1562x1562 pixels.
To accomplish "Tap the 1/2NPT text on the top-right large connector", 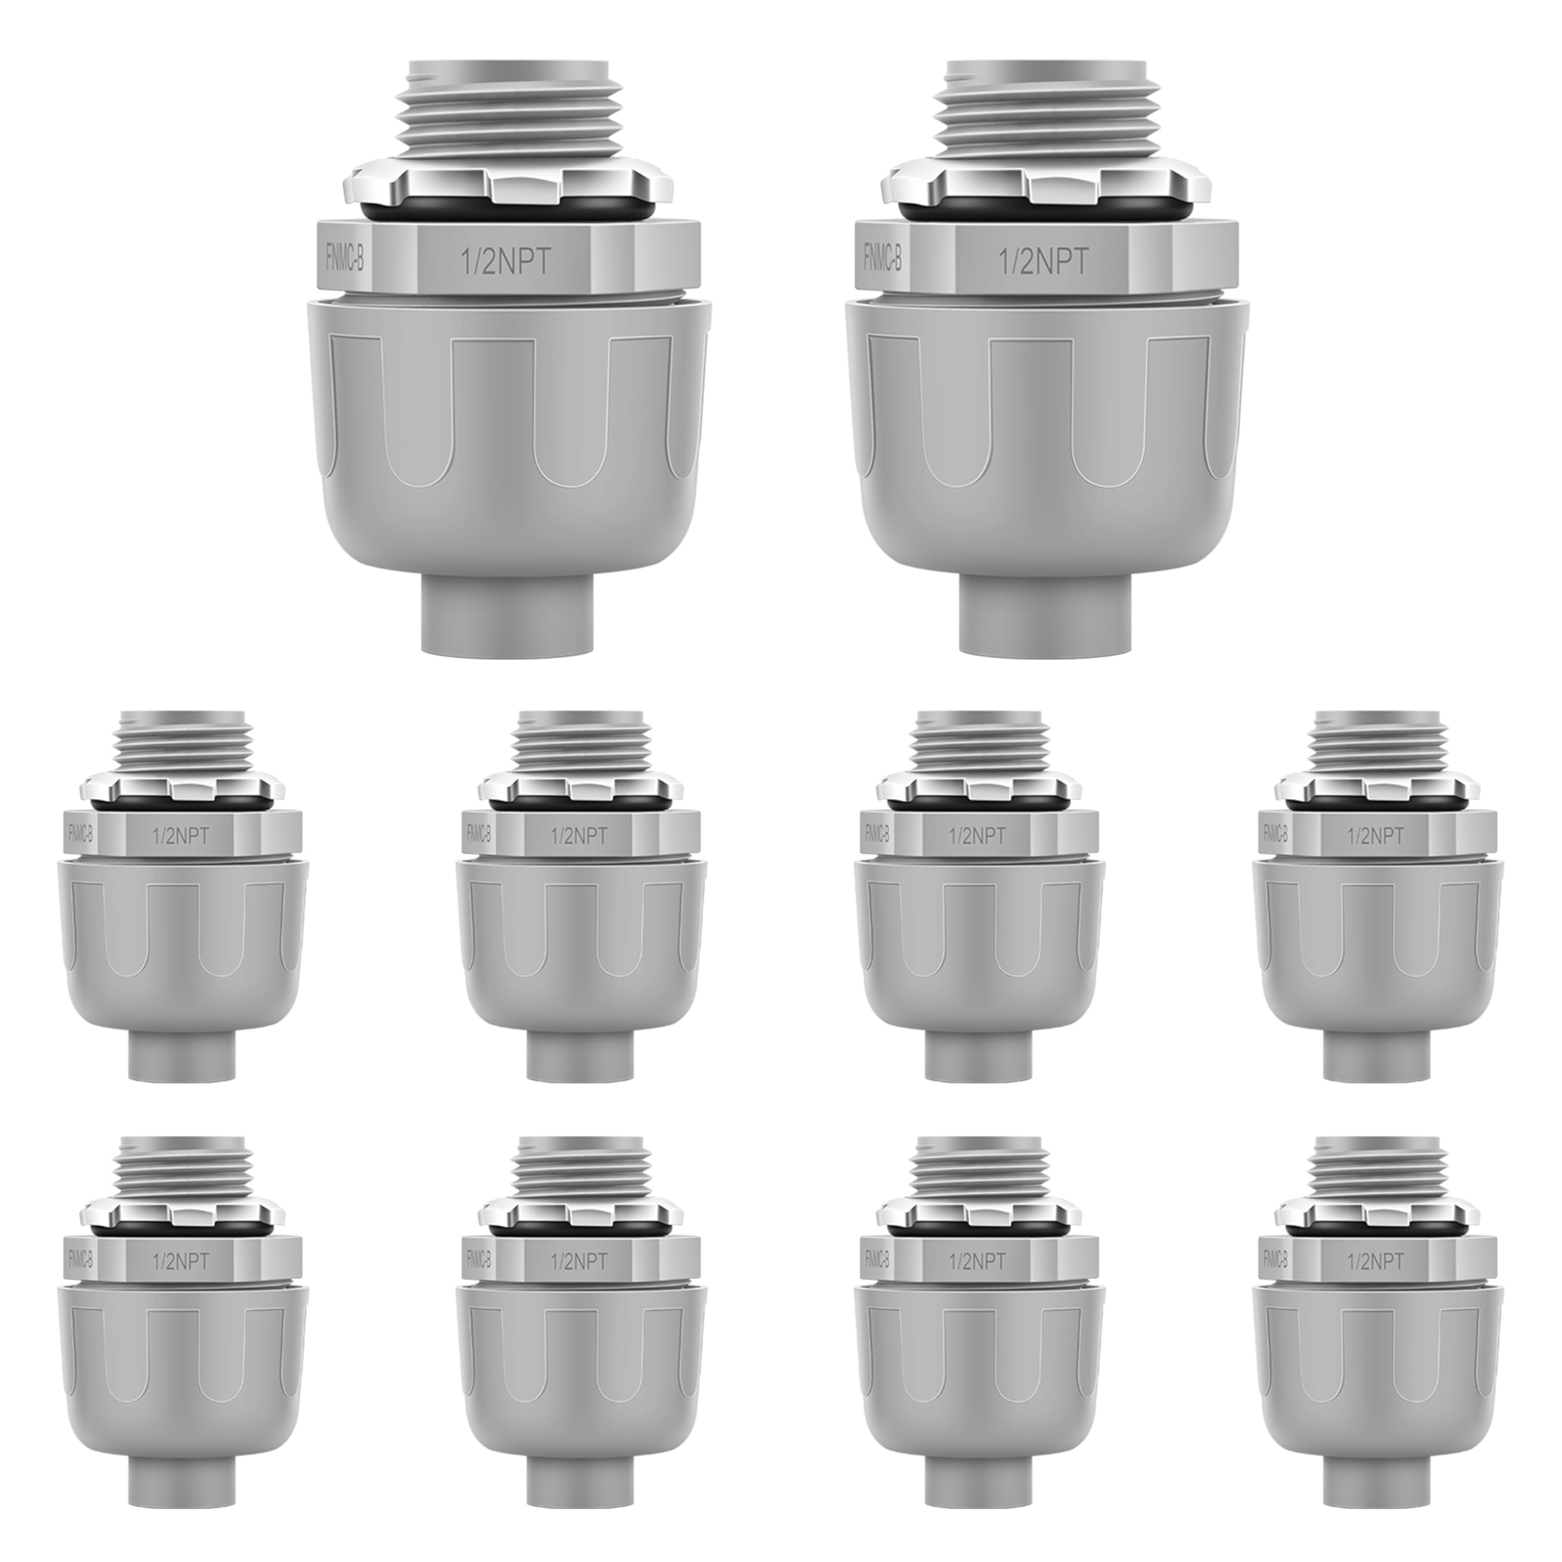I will pyautogui.click(x=1042, y=261).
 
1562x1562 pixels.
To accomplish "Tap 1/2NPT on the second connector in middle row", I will pyautogui.click(x=579, y=835).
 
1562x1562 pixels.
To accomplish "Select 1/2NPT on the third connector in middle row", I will pyautogui.click(x=977, y=835).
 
